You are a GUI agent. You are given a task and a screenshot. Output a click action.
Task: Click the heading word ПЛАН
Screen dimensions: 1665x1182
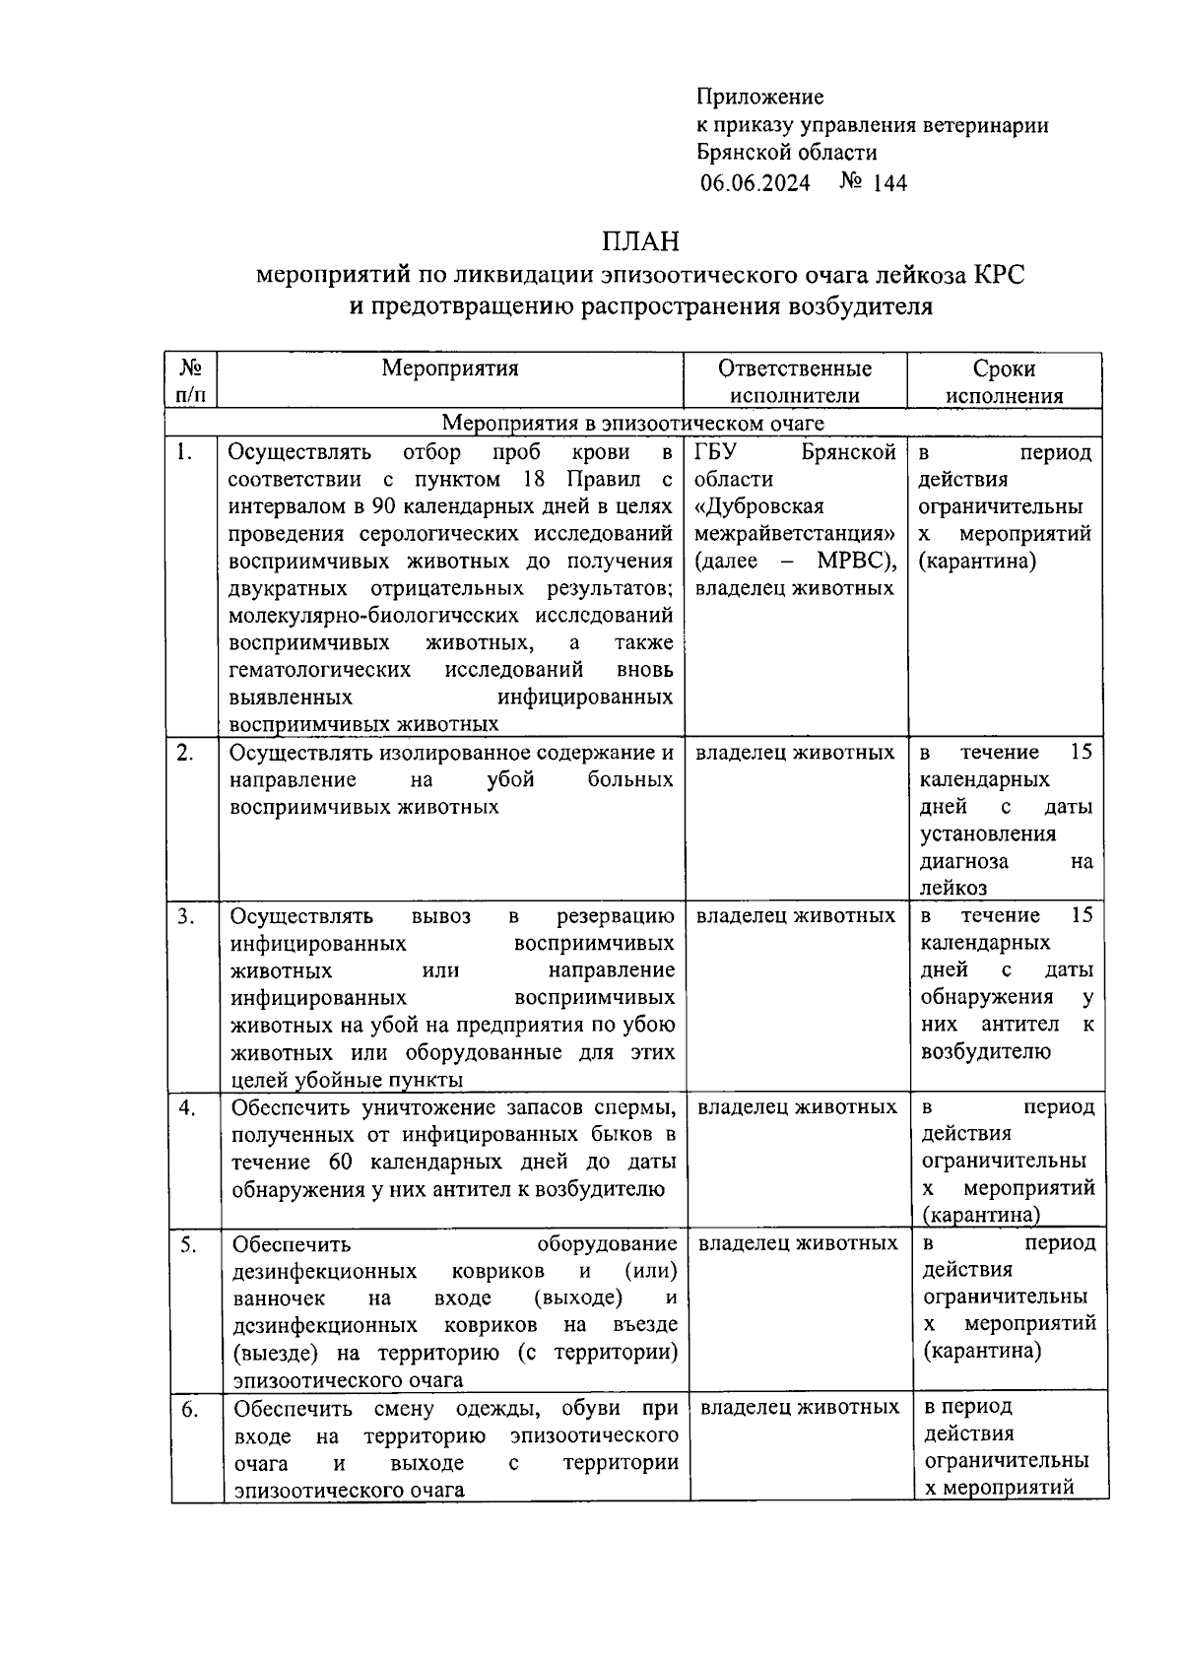point(640,240)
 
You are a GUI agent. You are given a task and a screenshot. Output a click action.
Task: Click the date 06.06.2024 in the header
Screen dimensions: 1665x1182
point(755,183)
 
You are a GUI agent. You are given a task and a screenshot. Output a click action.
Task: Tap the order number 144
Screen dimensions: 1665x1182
point(888,183)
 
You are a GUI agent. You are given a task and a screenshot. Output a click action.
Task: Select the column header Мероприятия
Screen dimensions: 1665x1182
point(449,368)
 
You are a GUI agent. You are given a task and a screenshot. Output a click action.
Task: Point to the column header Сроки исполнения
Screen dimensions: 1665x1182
point(1004,381)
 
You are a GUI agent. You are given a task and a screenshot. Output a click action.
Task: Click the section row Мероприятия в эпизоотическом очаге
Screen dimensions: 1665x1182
point(632,424)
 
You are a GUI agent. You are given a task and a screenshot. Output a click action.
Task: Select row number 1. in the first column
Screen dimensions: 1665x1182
point(183,452)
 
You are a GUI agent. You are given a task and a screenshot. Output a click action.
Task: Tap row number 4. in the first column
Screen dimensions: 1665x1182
point(186,1107)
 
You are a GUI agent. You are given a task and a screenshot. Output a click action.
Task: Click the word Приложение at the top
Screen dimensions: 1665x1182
point(759,97)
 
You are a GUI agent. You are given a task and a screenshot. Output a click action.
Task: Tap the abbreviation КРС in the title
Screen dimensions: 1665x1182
point(999,275)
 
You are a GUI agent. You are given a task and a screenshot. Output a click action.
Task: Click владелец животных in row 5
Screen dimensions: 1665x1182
point(798,1243)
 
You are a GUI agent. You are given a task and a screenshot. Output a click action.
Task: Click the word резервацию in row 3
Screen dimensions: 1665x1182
point(616,916)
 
